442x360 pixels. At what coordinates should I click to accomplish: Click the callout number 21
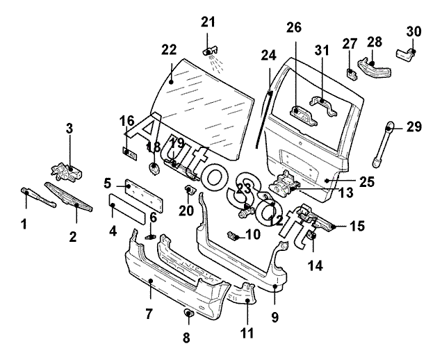pos(209,22)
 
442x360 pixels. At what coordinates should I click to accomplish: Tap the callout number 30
pos(414,32)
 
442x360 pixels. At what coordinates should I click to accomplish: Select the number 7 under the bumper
pos(148,313)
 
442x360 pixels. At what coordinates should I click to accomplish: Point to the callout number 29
pos(414,126)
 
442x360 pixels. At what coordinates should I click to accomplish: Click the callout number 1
pos(24,224)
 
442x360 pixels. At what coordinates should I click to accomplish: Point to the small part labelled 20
pos(188,190)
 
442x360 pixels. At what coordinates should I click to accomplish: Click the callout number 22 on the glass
pos(169,51)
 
